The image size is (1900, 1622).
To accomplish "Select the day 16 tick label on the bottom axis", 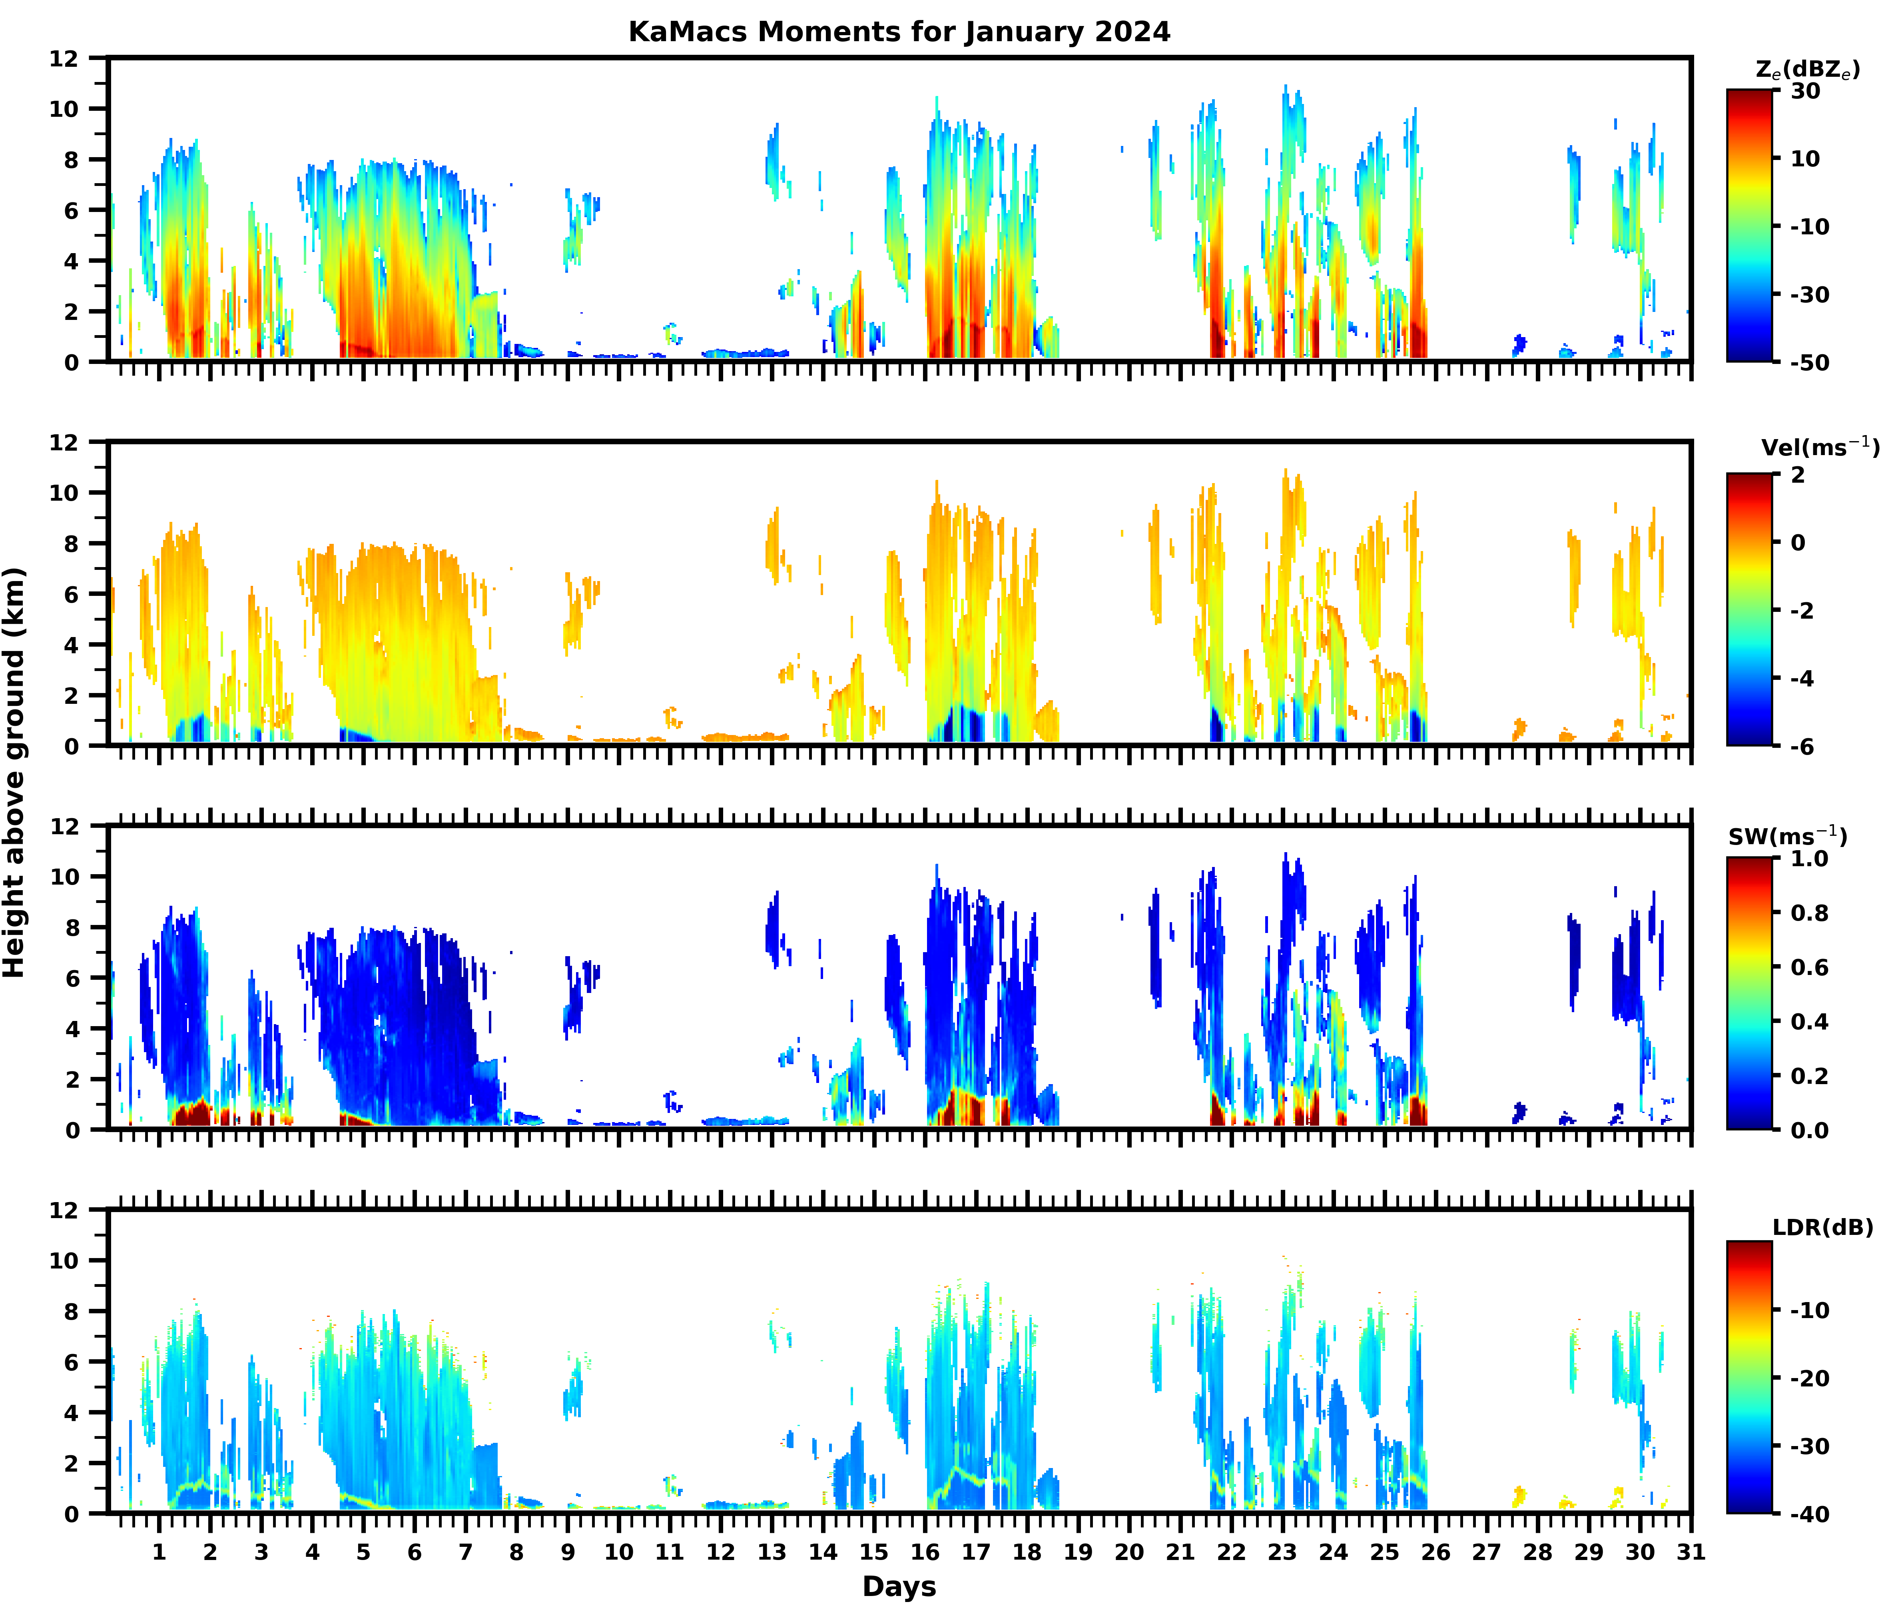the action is click(925, 1552).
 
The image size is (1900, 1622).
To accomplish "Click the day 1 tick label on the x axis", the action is click(159, 1552).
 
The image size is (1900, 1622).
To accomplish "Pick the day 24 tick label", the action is click(1333, 1552).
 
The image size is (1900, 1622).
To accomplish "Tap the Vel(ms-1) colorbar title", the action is click(1820, 448).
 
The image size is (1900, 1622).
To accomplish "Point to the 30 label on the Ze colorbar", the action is click(1806, 91).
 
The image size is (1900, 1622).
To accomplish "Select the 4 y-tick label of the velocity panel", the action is click(72, 645).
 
